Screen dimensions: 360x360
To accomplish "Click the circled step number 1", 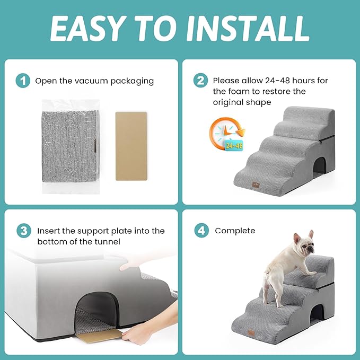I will [23, 81].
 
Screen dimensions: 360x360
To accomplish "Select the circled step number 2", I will [200, 81].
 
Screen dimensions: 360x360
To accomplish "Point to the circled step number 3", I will [23, 231].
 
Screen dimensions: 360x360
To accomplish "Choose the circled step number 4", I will [200, 231].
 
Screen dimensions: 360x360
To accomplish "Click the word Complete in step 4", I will [235, 231].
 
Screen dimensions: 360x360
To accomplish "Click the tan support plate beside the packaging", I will [130, 146].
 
